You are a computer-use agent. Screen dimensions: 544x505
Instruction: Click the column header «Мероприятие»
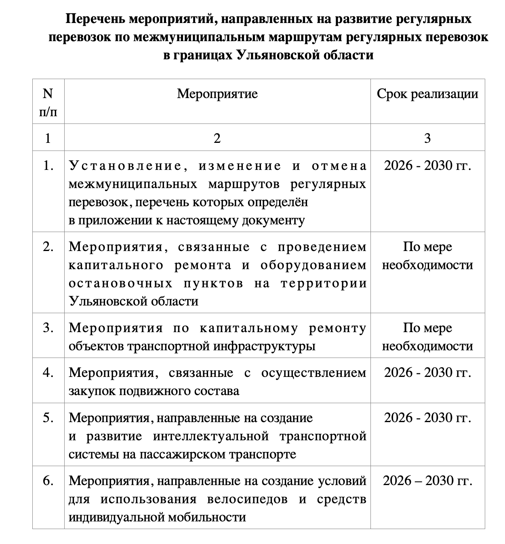click(217, 94)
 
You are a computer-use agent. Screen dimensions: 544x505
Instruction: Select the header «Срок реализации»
click(427, 94)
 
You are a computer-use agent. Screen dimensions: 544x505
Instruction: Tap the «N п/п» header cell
click(48, 102)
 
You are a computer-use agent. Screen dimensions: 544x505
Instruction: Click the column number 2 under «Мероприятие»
click(217, 138)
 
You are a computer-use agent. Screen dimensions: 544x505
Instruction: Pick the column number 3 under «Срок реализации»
click(427, 138)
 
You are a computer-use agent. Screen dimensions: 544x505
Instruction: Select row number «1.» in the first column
click(48, 166)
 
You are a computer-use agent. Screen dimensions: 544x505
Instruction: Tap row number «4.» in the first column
click(48, 372)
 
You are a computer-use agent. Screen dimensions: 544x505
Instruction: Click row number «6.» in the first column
click(48, 481)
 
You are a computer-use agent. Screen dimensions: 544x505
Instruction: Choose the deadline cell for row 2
click(427, 256)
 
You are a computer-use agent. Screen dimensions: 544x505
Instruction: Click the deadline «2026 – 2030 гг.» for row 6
click(427, 481)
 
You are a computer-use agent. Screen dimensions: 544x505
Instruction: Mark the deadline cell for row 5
click(427, 417)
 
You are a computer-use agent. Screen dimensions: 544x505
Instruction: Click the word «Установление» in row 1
click(124, 166)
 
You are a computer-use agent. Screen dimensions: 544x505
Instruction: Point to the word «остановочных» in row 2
click(120, 283)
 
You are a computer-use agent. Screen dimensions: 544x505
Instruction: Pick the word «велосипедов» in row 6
click(247, 500)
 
